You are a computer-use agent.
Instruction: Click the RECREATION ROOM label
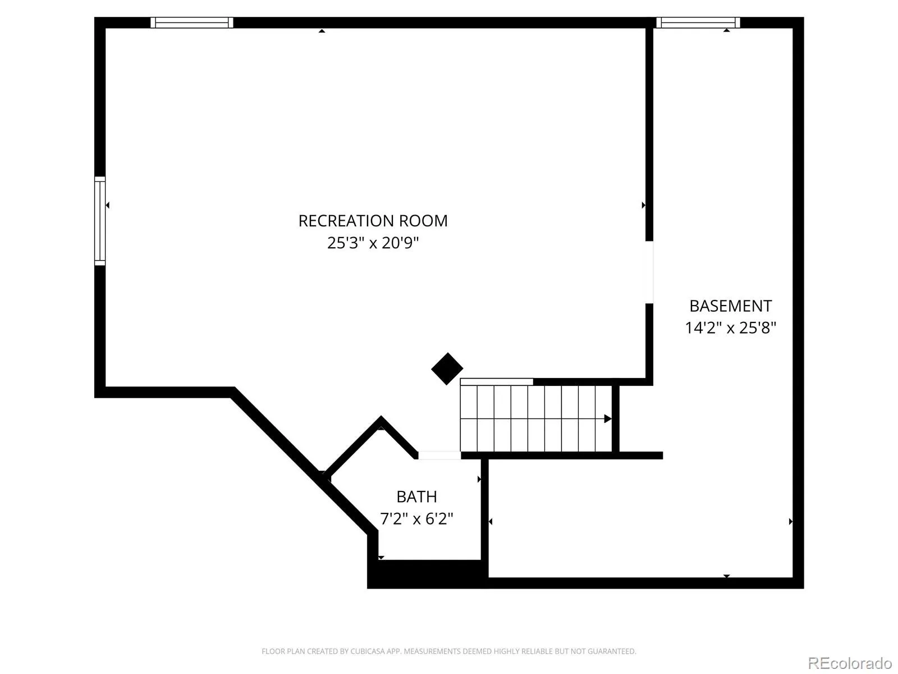click(373, 221)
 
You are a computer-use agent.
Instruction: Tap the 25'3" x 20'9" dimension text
click(373, 243)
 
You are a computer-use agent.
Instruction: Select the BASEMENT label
click(730, 306)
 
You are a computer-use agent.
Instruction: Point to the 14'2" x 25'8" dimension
click(730, 328)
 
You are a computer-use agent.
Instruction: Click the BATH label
click(416, 497)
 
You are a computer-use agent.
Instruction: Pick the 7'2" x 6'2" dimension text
click(416, 519)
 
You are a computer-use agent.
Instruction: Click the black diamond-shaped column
click(447, 368)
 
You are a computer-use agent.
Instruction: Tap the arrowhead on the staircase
click(607, 418)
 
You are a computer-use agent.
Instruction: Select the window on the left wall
click(100, 221)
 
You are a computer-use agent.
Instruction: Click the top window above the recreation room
click(191, 22)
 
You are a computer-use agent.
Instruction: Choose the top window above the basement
click(698, 22)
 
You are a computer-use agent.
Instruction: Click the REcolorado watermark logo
click(850, 663)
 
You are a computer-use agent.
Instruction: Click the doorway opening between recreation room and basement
click(649, 272)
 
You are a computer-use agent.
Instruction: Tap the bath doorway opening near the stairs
click(439, 456)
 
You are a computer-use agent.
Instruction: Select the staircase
click(536, 418)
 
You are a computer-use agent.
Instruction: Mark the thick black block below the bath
click(428, 573)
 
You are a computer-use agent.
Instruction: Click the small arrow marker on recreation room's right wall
click(643, 205)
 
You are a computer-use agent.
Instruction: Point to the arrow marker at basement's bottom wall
click(727, 576)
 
